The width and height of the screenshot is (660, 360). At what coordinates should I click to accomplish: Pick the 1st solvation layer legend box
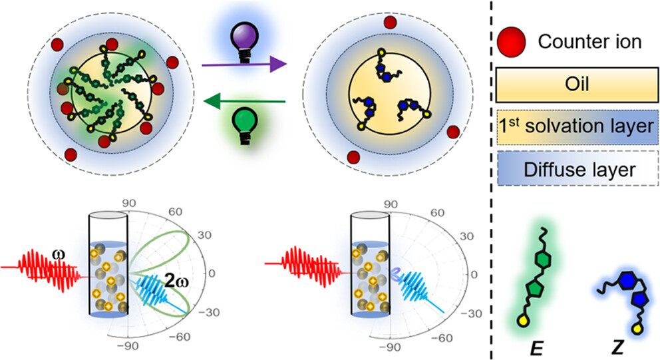point(574,126)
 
